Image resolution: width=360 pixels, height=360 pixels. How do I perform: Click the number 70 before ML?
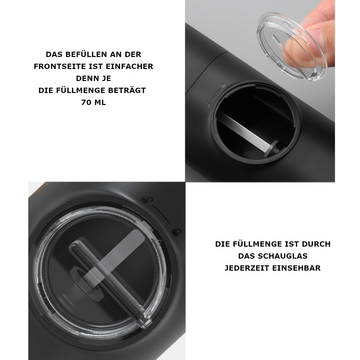tap(86, 102)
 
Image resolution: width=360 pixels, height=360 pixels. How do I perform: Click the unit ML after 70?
tap(100, 102)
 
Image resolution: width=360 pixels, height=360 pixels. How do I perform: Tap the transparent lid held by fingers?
tap(292, 46)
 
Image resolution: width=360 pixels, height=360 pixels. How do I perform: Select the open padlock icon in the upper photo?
tap(208, 103)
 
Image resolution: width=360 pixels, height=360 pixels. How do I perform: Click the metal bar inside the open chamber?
tap(244, 132)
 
